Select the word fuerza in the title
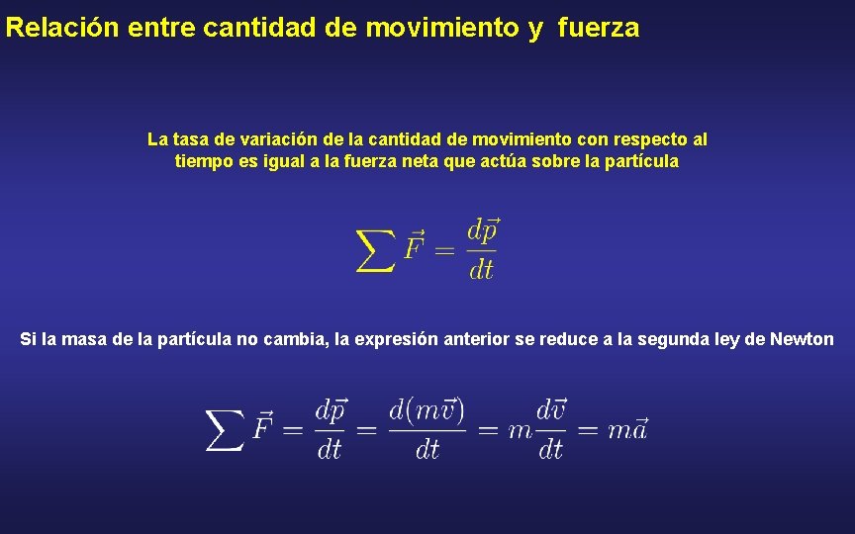pos(599,28)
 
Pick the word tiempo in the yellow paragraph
pos(202,161)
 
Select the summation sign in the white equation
pos(226,429)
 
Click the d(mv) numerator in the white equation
pos(427,408)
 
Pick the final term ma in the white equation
pos(627,429)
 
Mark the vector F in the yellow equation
pos(415,247)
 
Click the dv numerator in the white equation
pos(551,408)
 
